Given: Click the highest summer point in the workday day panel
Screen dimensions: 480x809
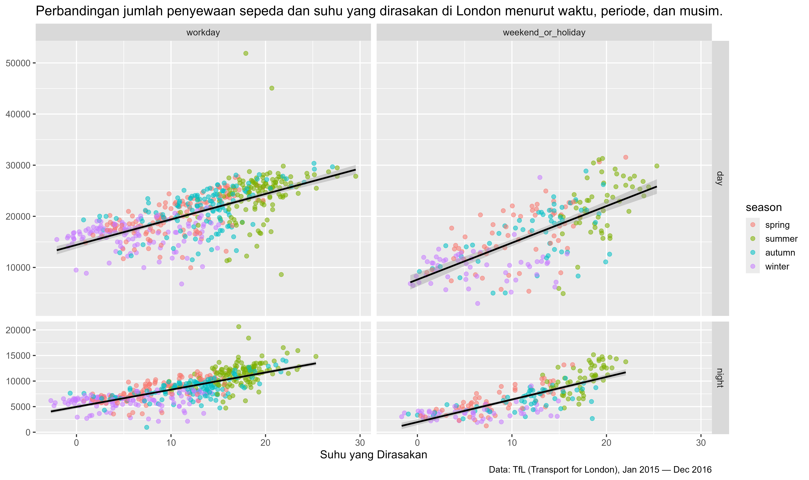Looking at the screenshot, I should click(246, 53).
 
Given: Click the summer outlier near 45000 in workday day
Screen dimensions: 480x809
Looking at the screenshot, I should click(272, 88).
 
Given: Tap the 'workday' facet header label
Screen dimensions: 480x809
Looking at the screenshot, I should click(203, 32).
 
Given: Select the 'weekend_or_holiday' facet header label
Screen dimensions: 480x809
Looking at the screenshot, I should click(544, 32).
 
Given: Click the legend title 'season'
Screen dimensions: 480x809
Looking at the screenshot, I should click(763, 207).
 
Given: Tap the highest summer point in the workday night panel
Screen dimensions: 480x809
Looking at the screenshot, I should click(239, 327).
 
